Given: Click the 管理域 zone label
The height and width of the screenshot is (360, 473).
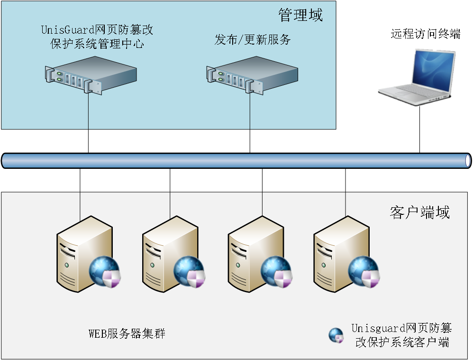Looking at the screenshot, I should (x=300, y=16).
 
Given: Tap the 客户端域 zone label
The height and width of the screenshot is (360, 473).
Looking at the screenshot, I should (x=419, y=212).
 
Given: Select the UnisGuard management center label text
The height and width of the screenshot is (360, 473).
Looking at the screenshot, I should (x=97, y=37).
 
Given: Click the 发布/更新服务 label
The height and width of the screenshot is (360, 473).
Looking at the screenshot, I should (x=252, y=40).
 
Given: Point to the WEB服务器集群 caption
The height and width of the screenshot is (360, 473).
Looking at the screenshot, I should (x=127, y=333).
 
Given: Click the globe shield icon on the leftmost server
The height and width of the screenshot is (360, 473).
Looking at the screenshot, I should (x=105, y=271).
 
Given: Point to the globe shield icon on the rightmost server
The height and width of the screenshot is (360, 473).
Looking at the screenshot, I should (x=364, y=271).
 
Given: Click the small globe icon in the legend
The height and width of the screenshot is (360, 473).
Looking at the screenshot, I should (x=336, y=335).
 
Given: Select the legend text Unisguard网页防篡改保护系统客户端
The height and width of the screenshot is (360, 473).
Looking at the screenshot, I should (x=401, y=335).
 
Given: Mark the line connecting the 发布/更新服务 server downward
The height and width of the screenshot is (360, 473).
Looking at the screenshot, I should (x=250, y=111).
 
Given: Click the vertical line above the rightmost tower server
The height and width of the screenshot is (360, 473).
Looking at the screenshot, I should (x=345, y=204).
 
